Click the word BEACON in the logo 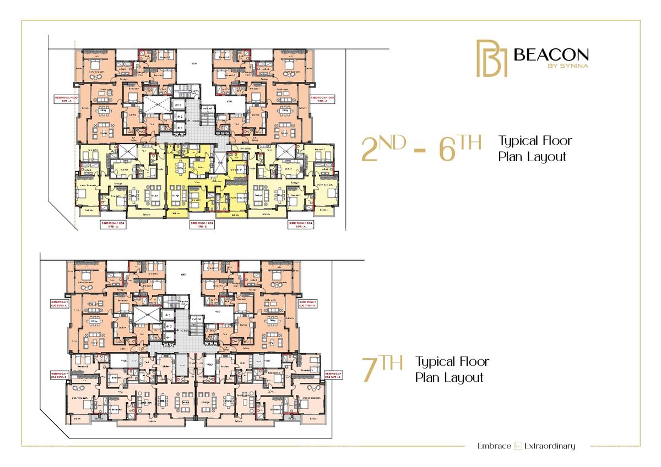551,55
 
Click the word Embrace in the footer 494,446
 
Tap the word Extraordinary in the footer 550,446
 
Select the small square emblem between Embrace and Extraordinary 518,446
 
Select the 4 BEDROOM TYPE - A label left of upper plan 62,100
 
